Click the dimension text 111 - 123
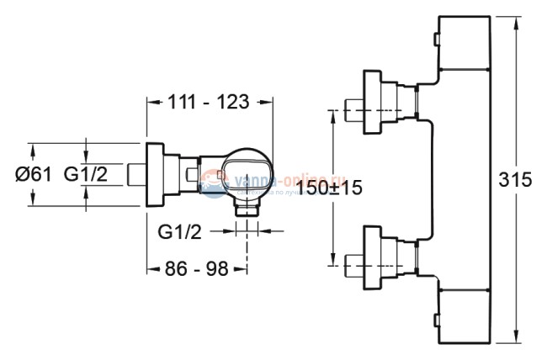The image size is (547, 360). point(210,102)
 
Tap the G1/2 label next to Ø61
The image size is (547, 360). point(87,175)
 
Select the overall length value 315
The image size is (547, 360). point(516,180)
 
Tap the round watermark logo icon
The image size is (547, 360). point(213,180)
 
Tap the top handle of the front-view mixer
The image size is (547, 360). point(465,44)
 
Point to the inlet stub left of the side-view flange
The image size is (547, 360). point(135,175)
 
